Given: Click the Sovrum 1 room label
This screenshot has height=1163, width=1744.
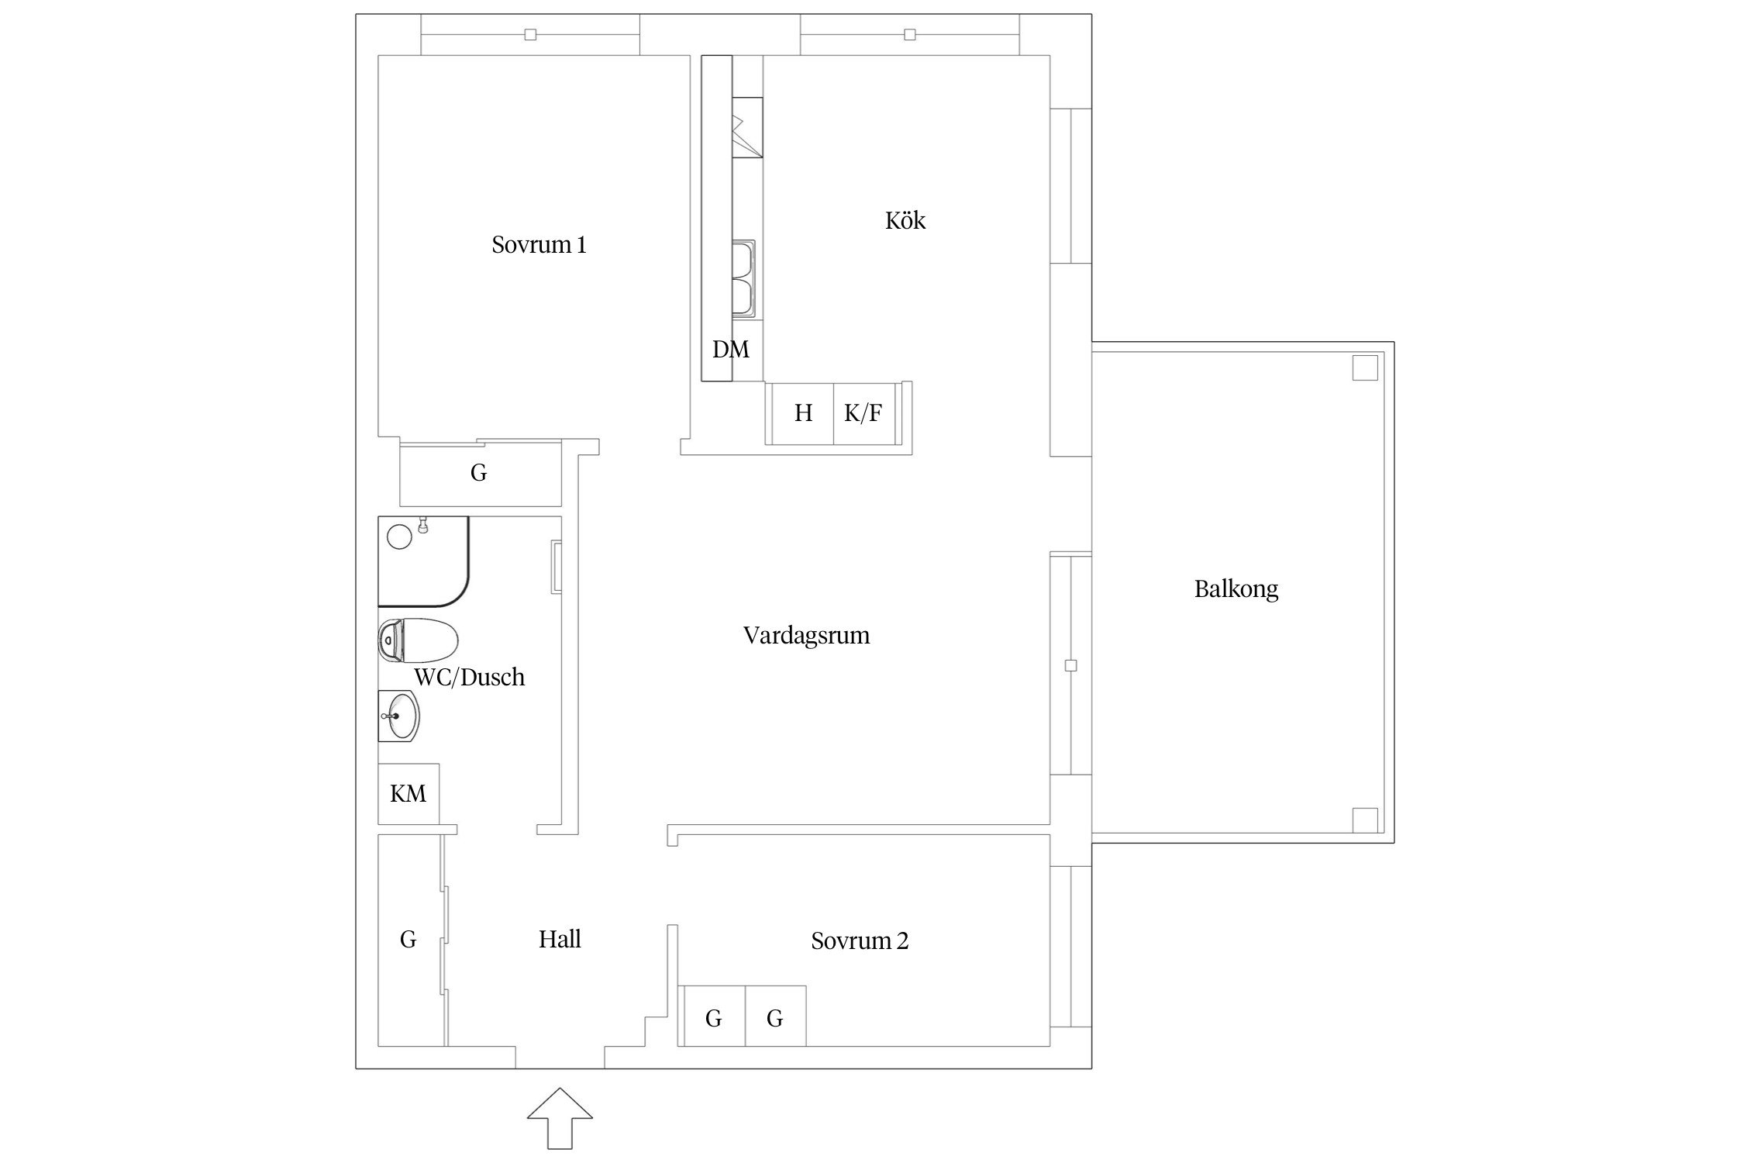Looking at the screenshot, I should [x=539, y=245].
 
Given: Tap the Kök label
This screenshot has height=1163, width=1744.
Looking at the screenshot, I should [x=905, y=221].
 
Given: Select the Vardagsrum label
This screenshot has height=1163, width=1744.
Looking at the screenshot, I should [x=806, y=636].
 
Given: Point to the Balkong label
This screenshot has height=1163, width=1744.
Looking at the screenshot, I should [x=1236, y=589].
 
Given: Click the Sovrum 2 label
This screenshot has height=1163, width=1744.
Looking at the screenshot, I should [x=859, y=941].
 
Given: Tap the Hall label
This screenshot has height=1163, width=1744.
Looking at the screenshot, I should [x=560, y=940].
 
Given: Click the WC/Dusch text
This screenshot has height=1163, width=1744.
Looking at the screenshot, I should [x=469, y=678].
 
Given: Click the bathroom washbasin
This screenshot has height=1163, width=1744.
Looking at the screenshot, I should [x=399, y=716].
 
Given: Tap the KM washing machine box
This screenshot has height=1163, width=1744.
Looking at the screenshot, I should [x=408, y=794].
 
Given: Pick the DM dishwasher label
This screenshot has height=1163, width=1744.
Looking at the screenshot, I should [x=731, y=350].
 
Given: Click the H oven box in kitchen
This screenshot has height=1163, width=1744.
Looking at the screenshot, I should [x=802, y=414].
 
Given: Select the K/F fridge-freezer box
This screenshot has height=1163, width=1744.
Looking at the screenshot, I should [x=863, y=414].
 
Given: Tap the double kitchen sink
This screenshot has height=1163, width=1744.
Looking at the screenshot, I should [x=744, y=278].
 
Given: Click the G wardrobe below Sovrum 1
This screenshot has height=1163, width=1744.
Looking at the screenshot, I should [x=479, y=473].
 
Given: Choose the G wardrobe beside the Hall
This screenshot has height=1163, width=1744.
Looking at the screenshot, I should [x=408, y=940].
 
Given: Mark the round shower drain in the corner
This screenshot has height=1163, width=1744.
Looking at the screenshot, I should [x=399, y=537].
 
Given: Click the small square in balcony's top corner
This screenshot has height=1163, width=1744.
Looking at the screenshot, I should [x=1365, y=368].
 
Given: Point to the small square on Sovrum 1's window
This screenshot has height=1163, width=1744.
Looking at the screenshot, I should [x=530, y=35].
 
